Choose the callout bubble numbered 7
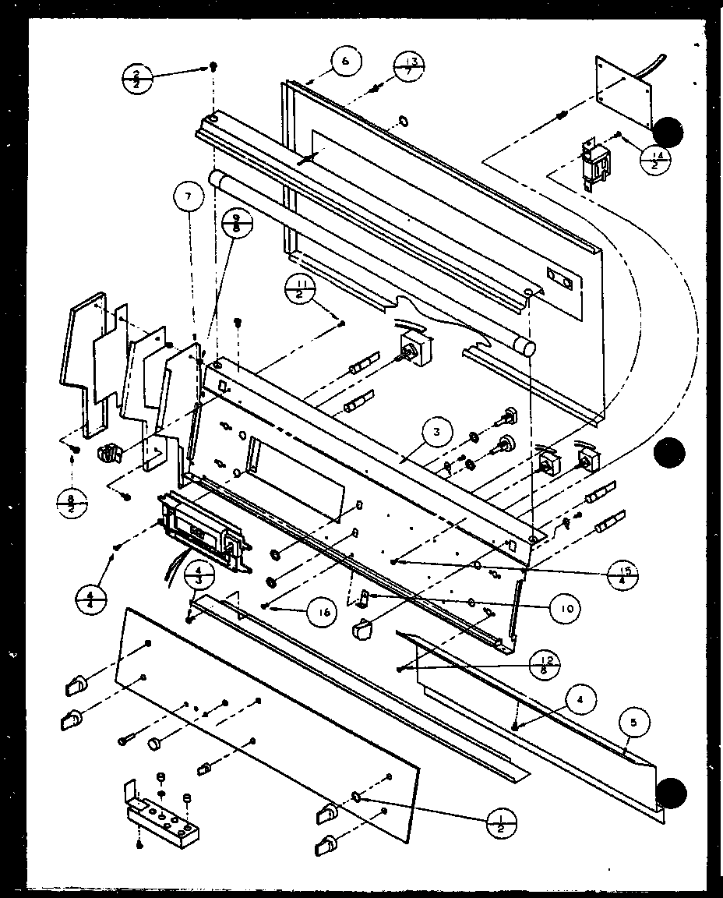point(188,198)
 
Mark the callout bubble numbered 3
point(439,432)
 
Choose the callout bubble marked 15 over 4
point(621,575)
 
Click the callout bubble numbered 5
point(633,723)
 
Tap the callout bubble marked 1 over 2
point(500,821)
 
